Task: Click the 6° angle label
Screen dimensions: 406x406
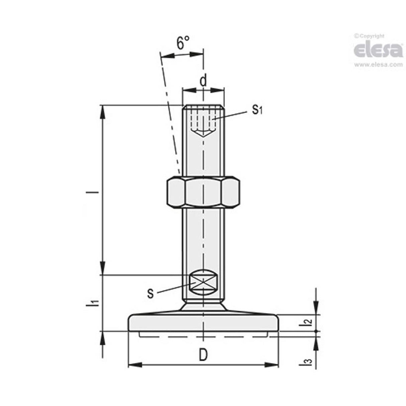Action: (x=183, y=43)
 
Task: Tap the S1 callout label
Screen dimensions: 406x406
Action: (x=257, y=109)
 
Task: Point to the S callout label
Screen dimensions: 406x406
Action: (x=151, y=294)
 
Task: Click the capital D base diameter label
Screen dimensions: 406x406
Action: (x=203, y=356)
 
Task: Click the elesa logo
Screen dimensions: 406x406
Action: (x=378, y=50)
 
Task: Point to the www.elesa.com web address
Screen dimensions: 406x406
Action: (x=378, y=65)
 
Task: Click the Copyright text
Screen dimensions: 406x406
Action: (x=370, y=36)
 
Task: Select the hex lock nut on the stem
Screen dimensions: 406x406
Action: (x=203, y=192)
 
